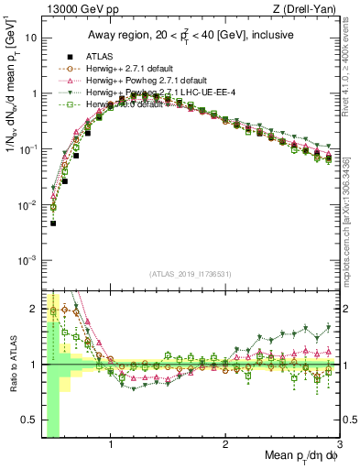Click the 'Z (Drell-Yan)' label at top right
click(308, 9)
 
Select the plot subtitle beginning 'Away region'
click(191, 35)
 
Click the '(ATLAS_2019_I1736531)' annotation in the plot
click(191, 274)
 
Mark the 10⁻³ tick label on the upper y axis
click(28, 260)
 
